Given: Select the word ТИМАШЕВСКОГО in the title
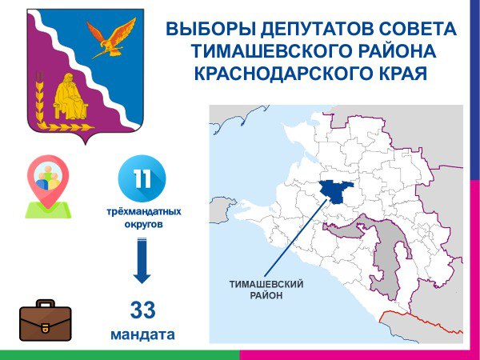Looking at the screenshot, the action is click(x=273, y=51).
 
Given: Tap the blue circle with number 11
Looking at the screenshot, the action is click(x=142, y=178).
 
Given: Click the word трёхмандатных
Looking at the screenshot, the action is click(x=144, y=211).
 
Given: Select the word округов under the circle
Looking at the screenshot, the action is click(x=143, y=224).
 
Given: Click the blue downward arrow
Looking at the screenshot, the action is click(x=142, y=260).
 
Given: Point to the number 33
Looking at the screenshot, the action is click(x=143, y=310).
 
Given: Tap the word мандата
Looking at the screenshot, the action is click(x=142, y=334).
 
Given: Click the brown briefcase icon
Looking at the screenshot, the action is click(x=46, y=321).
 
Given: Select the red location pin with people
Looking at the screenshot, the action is click(x=48, y=182).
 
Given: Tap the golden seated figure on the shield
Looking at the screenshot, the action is click(x=70, y=98).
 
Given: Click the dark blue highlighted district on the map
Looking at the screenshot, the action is click(x=336, y=191).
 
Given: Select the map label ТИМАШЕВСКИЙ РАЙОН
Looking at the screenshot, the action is click(x=266, y=290).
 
